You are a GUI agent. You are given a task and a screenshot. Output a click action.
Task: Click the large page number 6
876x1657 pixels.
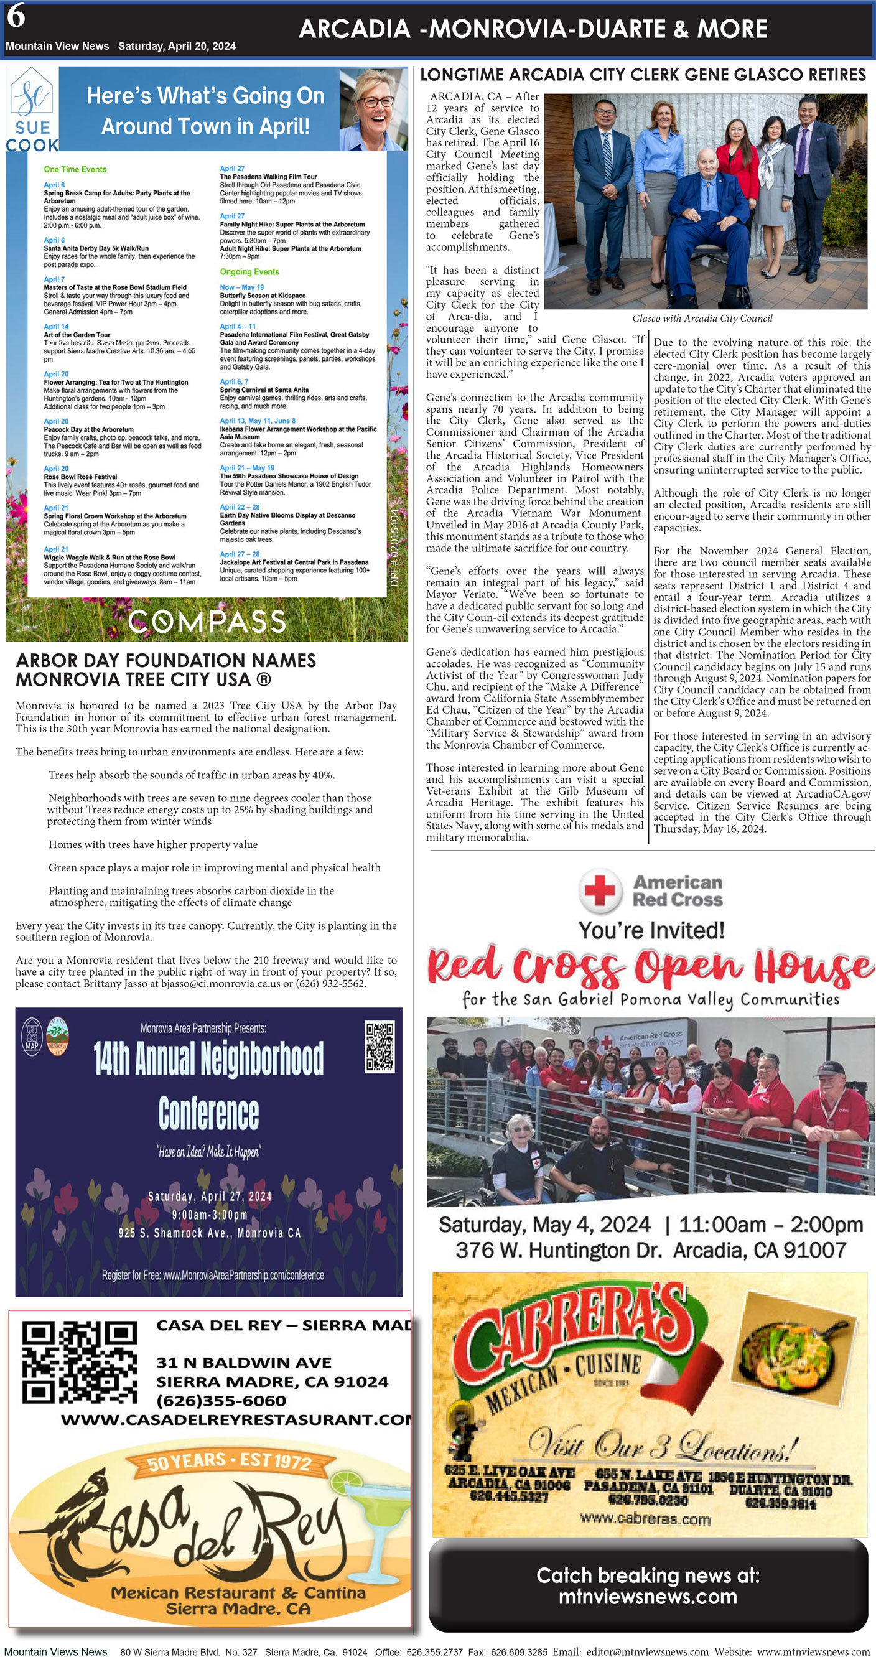pyautogui.click(x=16, y=17)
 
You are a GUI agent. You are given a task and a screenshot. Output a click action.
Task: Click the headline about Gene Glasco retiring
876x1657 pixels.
pyautogui.click(x=643, y=75)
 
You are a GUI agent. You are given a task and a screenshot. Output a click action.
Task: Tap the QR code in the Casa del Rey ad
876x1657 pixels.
pyautogui.click(x=79, y=1361)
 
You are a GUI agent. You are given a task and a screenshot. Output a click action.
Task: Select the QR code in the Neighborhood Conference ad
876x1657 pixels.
pyautogui.click(x=380, y=1047)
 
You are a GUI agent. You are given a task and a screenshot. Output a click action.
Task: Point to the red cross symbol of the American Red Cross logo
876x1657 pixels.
pyautogui.click(x=600, y=890)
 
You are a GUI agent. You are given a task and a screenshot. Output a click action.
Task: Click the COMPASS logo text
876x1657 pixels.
pyautogui.click(x=207, y=622)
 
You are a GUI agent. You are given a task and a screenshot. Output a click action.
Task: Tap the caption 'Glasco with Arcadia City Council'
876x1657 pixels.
pyautogui.click(x=702, y=319)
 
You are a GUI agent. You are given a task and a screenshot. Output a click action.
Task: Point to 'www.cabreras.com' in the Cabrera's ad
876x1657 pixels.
pyautogui.click(x=645, y=1519)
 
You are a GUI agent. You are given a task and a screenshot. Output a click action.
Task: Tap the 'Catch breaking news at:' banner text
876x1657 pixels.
pyautogui.click(x=648, y=1575)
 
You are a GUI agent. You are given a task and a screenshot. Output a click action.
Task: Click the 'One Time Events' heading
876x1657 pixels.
pyautogui.click(x=75, y=170)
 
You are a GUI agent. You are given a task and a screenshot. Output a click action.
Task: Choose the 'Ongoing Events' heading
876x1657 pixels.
pyautogui.click(x=249, y=272)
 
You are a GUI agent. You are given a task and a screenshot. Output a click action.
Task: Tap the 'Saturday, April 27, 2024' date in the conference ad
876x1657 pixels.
pyautogui.click(x=210, y=1197)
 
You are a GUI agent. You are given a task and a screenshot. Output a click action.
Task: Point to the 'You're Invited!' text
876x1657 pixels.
pyautogui.click(x=651, y=930)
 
